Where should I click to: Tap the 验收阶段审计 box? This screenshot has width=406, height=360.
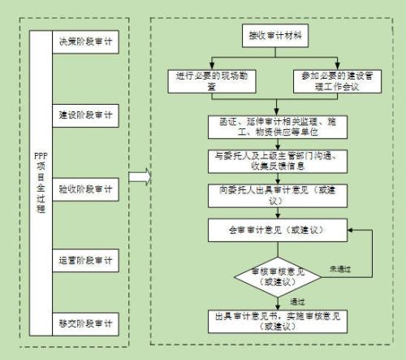click(x=84, y=189)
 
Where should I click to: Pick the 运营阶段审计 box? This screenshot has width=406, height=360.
click(x=84, y=262)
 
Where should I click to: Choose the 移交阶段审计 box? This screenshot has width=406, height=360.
click(x=84, y=323)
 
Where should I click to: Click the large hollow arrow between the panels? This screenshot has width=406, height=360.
click(x=139, y=177)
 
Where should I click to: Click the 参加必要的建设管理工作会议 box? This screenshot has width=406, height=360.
click(x=329, y=80)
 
